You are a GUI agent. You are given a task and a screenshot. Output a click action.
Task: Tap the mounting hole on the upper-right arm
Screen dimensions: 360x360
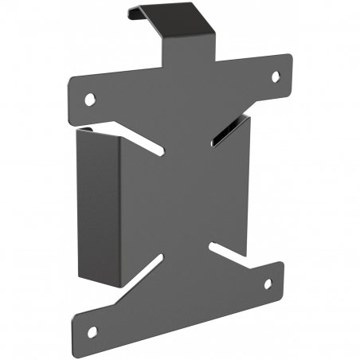click(276, 77)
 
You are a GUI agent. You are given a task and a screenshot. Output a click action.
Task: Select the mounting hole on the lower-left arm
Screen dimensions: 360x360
click(92, 331)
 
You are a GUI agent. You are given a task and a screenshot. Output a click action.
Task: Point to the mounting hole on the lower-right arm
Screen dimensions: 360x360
click(268, 284)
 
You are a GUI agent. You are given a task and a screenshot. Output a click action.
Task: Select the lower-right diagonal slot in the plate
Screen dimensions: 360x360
click(225, 251)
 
